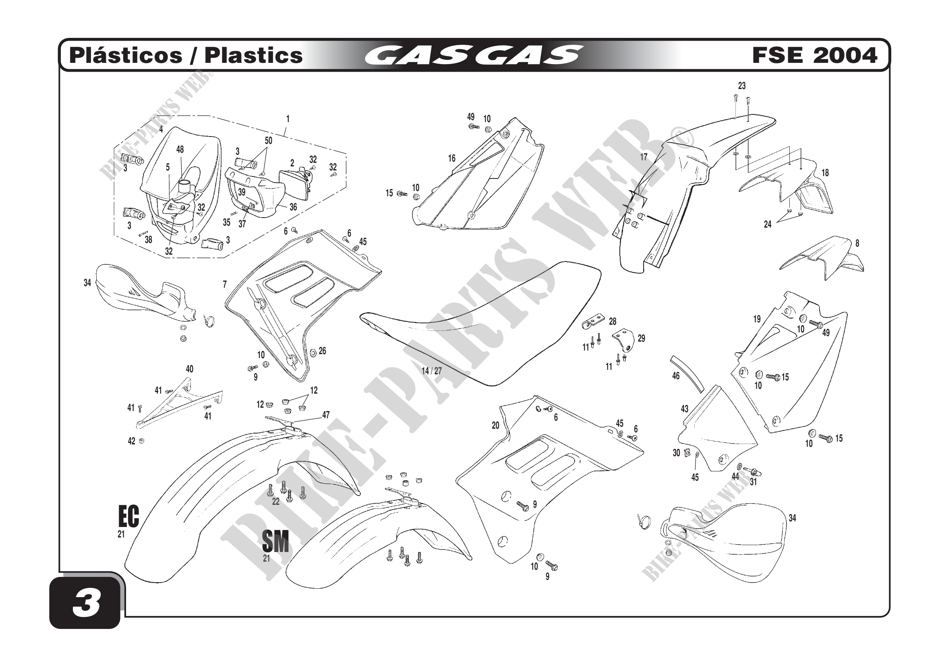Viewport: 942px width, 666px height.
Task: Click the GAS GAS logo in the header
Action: (x=474, y=55)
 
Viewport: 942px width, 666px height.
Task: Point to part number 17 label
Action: (x=644, y=157)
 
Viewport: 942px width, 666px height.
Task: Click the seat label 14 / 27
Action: (x=432, y=371)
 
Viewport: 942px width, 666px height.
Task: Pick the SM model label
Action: (x=275, y=541)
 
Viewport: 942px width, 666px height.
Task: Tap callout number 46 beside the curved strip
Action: (x=676, y=376)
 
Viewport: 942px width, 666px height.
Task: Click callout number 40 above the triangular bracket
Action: (x=189, y=369)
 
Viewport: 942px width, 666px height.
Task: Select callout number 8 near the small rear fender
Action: (x=857, y=243)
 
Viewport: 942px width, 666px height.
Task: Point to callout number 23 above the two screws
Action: (x=742, y=86)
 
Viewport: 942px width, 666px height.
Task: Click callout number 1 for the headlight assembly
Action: (x=288, y=119)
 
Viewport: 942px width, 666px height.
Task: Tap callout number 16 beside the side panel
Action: (x=452, y=158)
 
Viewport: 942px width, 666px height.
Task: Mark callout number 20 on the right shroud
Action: (x=496, y=425)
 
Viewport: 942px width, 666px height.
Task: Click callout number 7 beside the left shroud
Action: (x=225, y=284)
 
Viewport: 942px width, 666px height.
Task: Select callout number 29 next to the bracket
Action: (x=641, y=338)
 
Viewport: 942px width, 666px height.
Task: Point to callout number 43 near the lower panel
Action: (x=685, y=409)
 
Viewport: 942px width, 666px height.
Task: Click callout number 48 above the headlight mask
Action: (x=180, y=149)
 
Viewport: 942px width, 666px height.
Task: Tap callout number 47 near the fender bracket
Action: (x=326, y=415)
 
